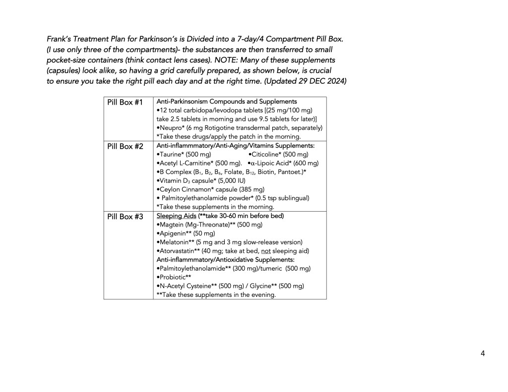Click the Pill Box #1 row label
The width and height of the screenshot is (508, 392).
tap(125, 103)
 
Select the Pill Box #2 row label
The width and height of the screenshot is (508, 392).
tap(125, 146)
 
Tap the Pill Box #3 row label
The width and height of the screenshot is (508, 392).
tap(125, 217)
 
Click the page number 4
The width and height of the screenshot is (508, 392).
tap(482, 353)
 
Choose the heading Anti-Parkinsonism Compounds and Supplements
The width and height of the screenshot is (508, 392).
tap(227, 101)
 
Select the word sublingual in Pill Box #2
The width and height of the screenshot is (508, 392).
tap(291, 198)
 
